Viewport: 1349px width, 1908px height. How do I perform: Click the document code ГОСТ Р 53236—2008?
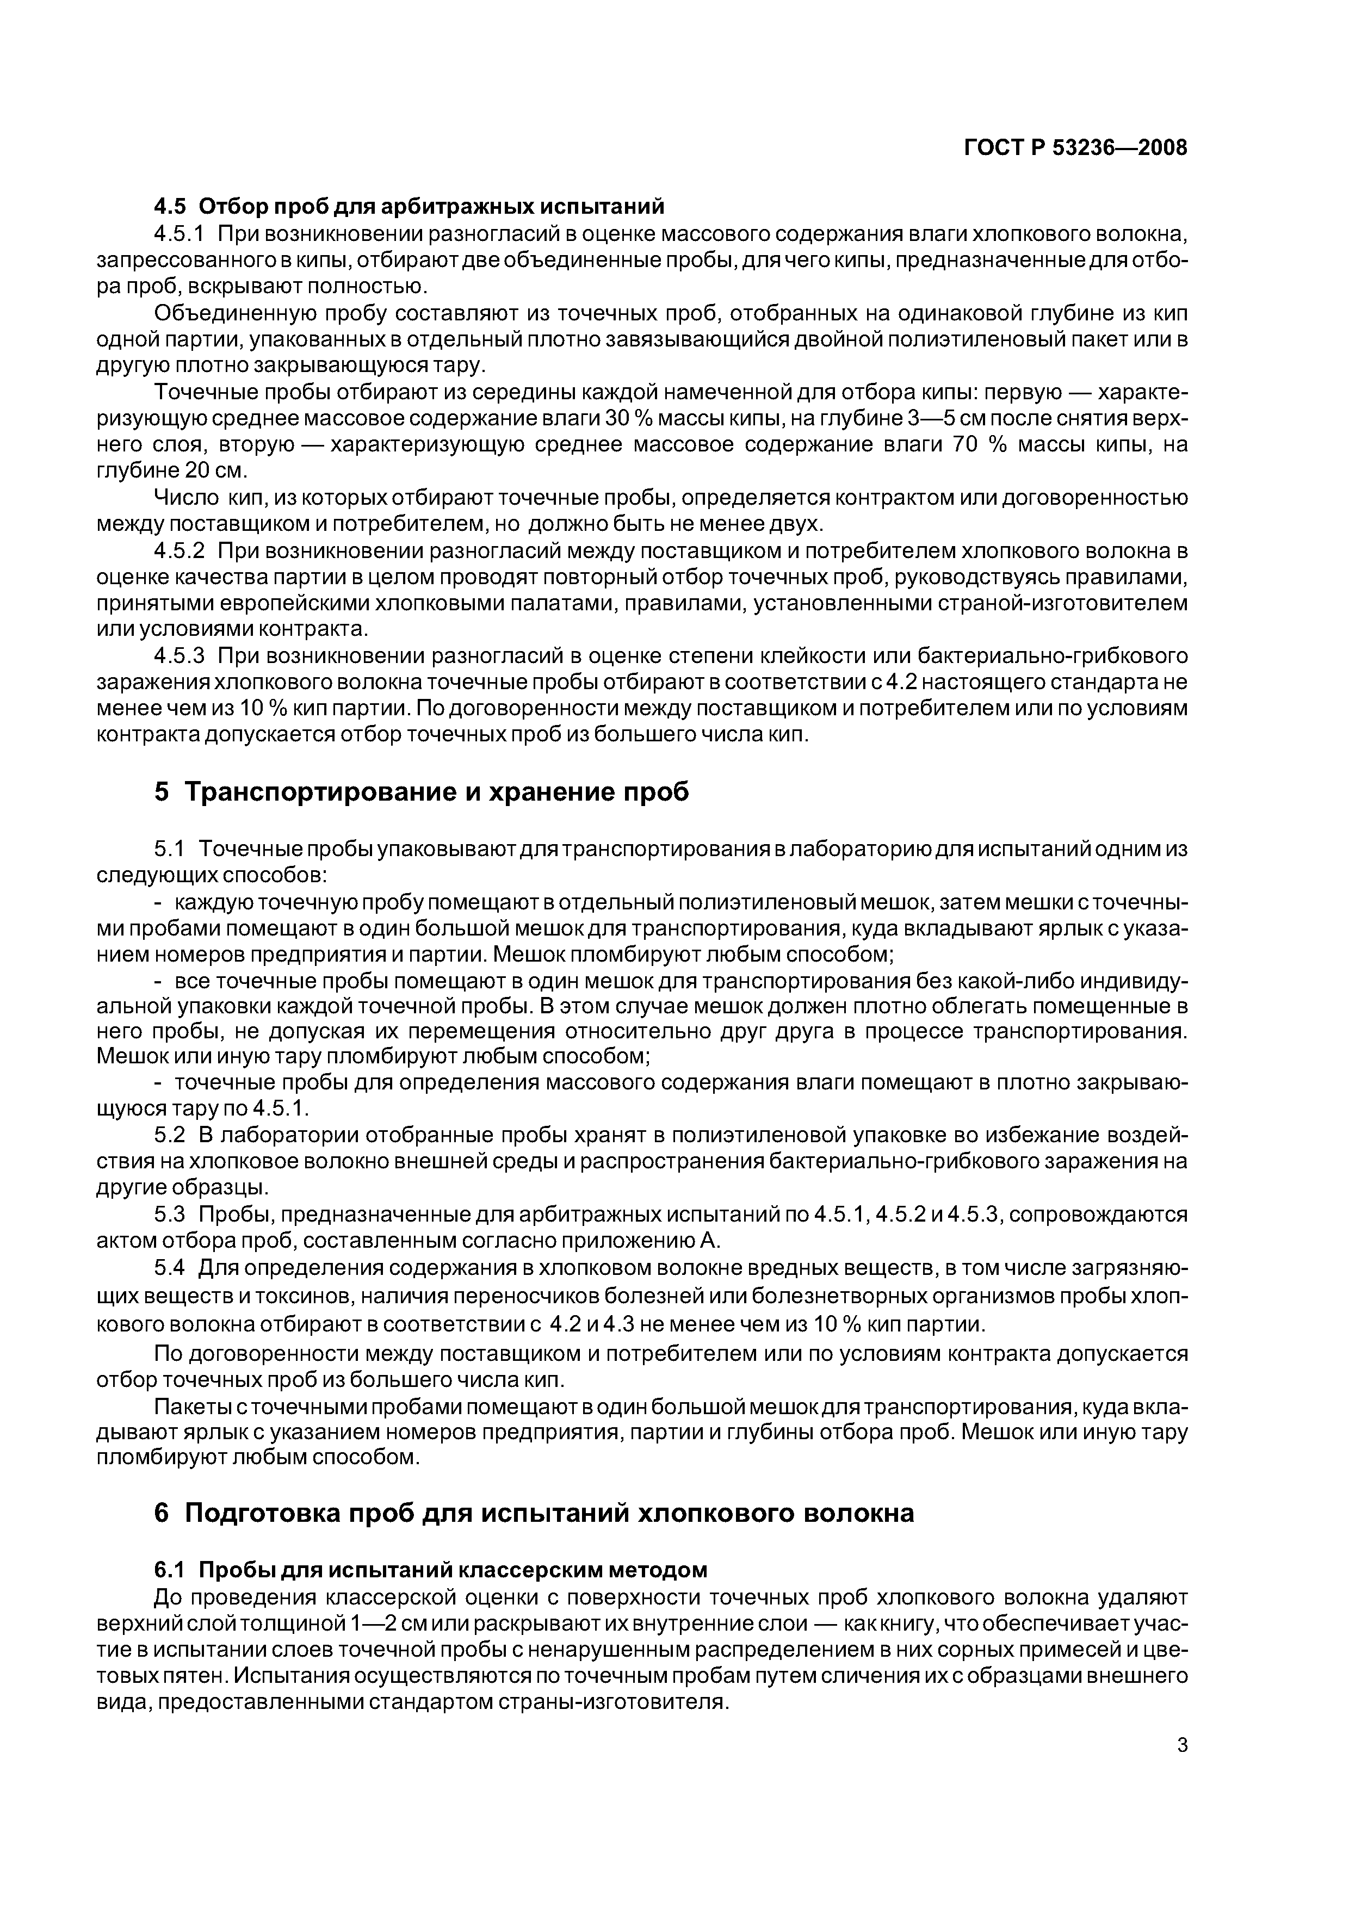(x=1075, y=148)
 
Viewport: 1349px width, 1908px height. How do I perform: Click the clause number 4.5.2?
(x=180, y=551)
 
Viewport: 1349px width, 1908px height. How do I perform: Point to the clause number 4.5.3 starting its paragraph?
(x=180, y=656)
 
